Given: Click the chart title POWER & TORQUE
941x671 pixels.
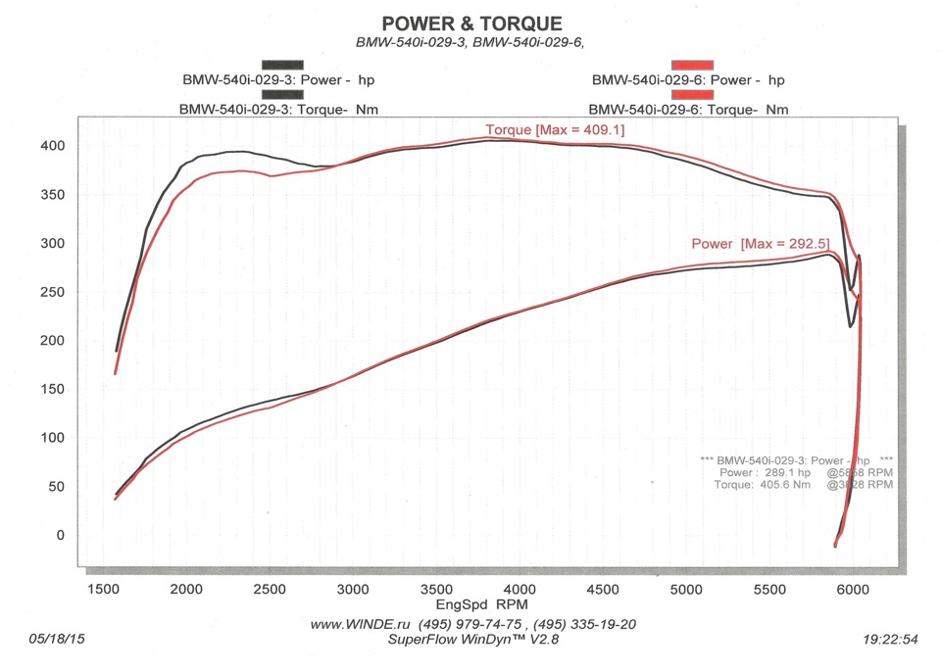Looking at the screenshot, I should click(x=471, y=24).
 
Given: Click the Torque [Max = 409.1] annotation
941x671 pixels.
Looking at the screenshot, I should click(x=555, y=130).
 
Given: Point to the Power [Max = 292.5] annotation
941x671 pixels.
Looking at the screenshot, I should click(x=761, y=243).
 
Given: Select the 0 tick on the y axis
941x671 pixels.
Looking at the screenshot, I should click(x=60, y=535).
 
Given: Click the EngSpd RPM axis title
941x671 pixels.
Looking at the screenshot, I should click(x=471, y=604).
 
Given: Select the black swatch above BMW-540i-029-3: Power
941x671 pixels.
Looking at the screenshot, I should click(x=282, y=65).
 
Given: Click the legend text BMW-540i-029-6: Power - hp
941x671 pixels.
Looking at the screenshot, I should click(x=688, y=80).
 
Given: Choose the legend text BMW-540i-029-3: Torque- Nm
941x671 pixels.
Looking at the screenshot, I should click(x=279, y=110).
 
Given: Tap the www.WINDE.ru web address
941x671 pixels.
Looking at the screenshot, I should click(x=358, y=624).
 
